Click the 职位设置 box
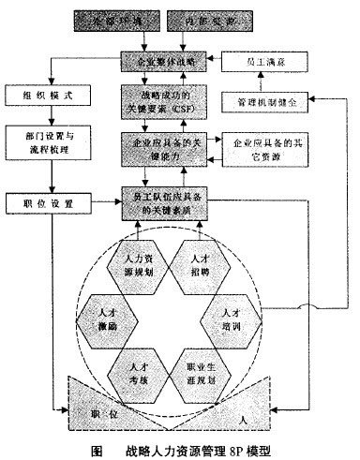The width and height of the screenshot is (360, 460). [43, 203]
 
